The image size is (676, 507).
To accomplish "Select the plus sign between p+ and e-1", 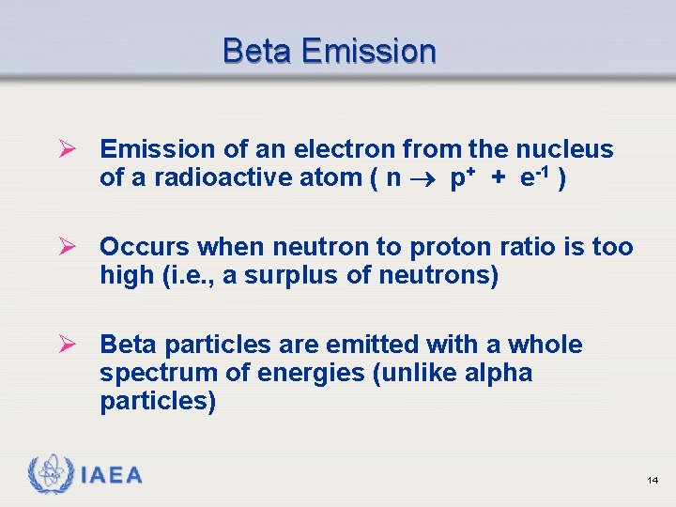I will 498,178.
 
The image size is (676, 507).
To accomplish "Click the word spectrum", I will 158,373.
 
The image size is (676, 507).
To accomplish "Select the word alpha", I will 498,373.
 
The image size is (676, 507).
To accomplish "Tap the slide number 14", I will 653,481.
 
